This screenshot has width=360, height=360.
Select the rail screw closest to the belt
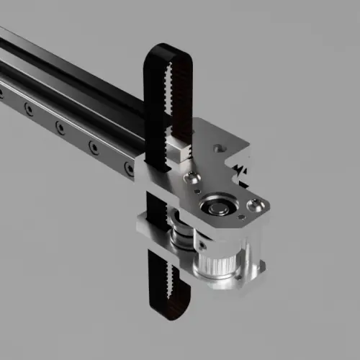click(x=129, y=170)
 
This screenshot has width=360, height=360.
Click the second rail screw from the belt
click(x=94, y=148)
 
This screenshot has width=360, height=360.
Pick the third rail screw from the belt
click(x=60, y=127)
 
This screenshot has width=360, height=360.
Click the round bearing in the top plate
click(x=217, y=207)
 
